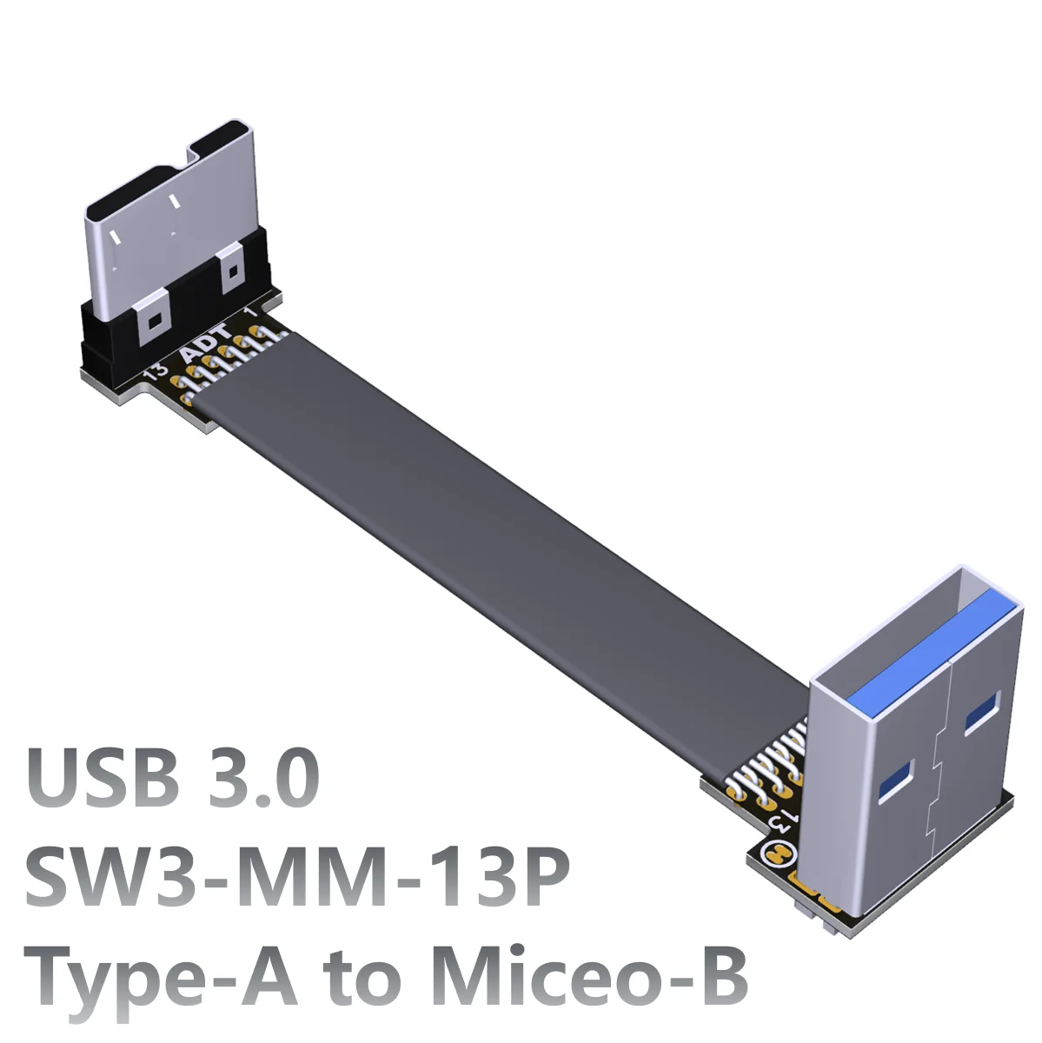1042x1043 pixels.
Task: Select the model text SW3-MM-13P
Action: click(296, 877)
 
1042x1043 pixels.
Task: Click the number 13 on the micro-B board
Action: click(156, 372)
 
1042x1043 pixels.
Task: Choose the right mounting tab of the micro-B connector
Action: click(231, 271)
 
